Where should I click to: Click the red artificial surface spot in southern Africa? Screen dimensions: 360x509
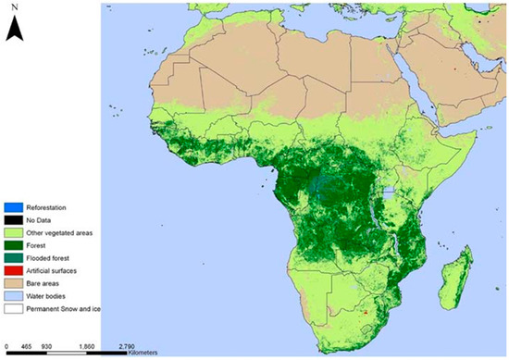pos(367,313)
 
